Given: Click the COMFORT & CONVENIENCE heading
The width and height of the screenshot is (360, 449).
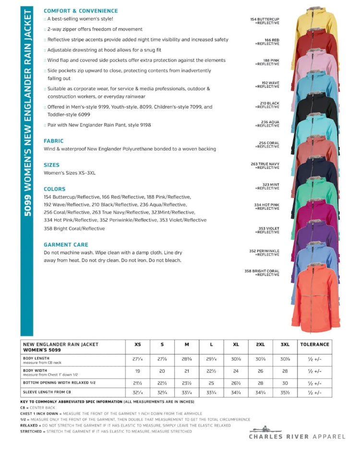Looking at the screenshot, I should [81, 11].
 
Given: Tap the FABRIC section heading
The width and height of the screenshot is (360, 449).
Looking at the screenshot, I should [53, 141].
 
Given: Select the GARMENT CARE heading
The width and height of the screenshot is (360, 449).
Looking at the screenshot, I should [66, 245].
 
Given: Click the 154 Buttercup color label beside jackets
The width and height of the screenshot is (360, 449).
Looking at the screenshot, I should [265, 21].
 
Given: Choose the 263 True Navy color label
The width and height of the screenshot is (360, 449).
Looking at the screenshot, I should [265, 166].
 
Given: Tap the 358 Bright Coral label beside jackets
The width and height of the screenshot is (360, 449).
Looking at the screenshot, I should [262, 272].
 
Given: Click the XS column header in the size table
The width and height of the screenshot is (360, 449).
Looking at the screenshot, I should [137, 344].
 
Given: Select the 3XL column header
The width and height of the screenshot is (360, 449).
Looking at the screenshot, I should [285, 344].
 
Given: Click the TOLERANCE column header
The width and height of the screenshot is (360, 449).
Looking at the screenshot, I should [314, 344].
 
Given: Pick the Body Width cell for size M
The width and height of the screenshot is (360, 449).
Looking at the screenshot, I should [187, 371].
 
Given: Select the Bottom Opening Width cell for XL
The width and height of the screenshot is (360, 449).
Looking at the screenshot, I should [236, 383].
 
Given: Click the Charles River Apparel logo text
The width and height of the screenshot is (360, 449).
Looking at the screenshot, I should [297, 437].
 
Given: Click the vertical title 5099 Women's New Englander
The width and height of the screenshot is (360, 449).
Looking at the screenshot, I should [27, 115].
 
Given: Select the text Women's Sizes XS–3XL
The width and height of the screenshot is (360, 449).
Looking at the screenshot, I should [70, 173].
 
